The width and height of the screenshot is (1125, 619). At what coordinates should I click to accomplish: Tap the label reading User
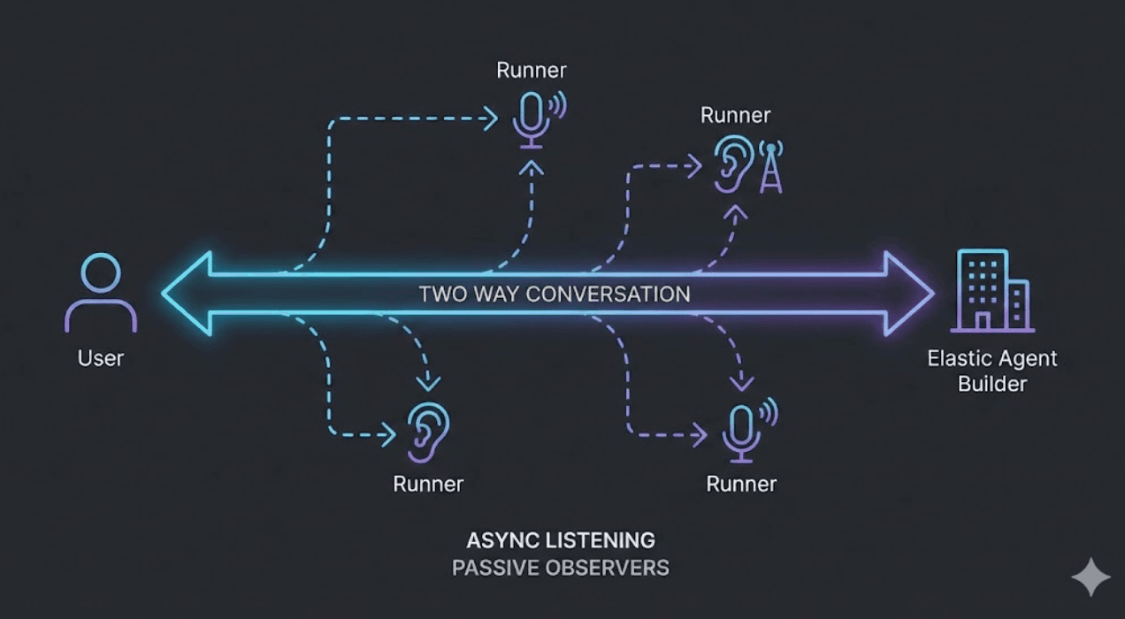click(x=101, y=358)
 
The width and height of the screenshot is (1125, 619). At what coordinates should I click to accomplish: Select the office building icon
click(x=991, y=291)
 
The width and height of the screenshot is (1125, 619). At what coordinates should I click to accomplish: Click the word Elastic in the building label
click(x=955, y=359)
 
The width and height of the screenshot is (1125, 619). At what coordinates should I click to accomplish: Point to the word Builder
click(x=992, y=384)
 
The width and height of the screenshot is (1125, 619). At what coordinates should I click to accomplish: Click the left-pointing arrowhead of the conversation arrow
click(x=187, y=294)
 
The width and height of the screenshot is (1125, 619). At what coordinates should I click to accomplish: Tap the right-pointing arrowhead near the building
click(x=911, y=294)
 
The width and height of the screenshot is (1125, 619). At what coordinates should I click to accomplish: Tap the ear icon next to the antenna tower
click(x=733, y=163)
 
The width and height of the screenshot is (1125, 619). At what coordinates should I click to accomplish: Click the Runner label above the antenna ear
click(x=735, y=115)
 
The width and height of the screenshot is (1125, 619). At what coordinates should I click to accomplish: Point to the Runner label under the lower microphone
click(x=741, y=484)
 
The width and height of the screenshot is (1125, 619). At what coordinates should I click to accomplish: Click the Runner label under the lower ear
click(x=428, y=484)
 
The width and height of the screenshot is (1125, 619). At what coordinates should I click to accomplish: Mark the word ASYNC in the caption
click(x=501, y=539)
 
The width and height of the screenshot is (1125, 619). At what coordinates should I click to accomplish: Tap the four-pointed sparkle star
click(x=1091, y=577)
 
